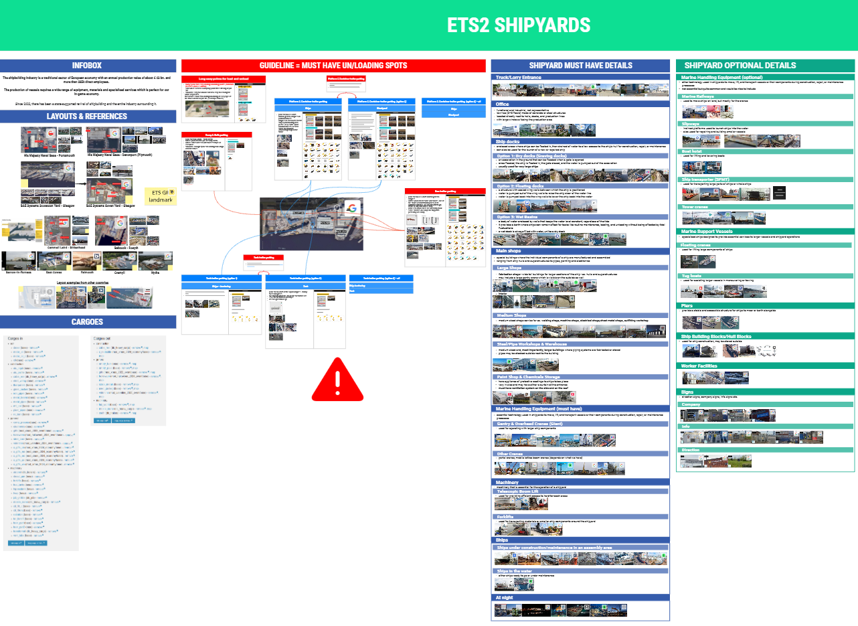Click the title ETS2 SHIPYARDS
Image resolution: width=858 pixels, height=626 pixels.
(x=519, y=25)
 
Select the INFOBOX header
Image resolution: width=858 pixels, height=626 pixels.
(x=88, y=66)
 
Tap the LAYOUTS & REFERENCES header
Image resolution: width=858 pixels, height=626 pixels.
(x=88, y=116)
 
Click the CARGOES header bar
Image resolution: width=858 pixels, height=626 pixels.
(x=88, y=322)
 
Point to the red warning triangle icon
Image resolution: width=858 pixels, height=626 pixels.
(x=338, y=380)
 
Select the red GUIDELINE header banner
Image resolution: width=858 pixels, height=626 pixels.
(x=333, y=66)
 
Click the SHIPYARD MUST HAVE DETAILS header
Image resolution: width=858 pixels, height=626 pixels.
(x=580, y=66)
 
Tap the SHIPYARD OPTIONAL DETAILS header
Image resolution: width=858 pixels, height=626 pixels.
(x=740, y=66)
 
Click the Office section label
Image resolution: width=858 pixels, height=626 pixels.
(x=503, y=104)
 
